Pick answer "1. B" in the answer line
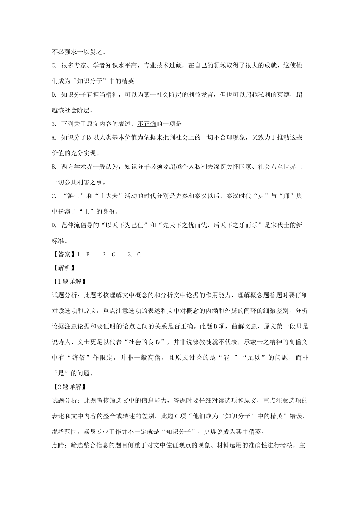(83, 254)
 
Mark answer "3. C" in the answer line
(134, 254)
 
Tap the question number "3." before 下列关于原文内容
(54, 123)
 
